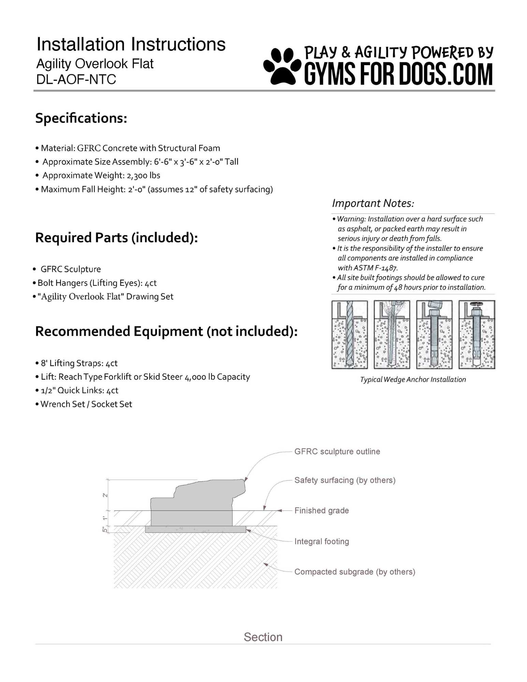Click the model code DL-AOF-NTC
coord(76,79)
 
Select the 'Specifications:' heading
coord(81,118)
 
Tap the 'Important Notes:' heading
coord(373,204)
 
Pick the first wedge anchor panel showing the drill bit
coord(350,335)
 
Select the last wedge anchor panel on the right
coord(477,335)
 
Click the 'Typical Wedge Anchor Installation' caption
coord(413,380)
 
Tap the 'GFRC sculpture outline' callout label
coord(337,451)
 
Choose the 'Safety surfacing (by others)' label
coord(345,480)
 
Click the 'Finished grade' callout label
coord(322,510)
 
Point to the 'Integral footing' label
coord(322,542)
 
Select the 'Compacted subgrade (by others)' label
coord(355,572)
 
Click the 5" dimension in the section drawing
coord(105,530)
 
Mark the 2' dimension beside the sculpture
coord(105,495)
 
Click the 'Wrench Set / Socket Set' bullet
coord(86,404)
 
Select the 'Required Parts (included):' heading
coord(116,238)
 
